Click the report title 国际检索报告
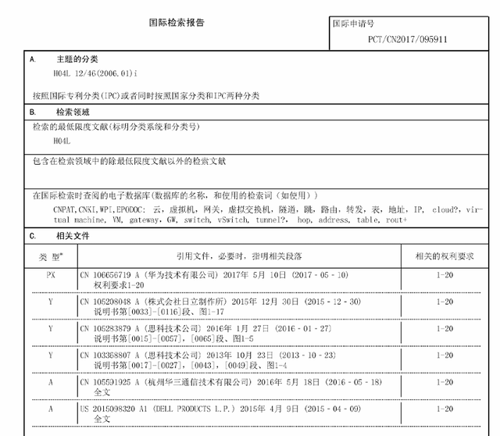[177, 23]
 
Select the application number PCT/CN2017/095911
[408, 39]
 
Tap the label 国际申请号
[353, 23]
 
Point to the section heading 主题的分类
[77, 59]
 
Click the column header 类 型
[52, 256]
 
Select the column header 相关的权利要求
[444, 256]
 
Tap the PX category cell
[52, 275]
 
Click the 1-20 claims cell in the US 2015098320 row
[444, 409]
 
